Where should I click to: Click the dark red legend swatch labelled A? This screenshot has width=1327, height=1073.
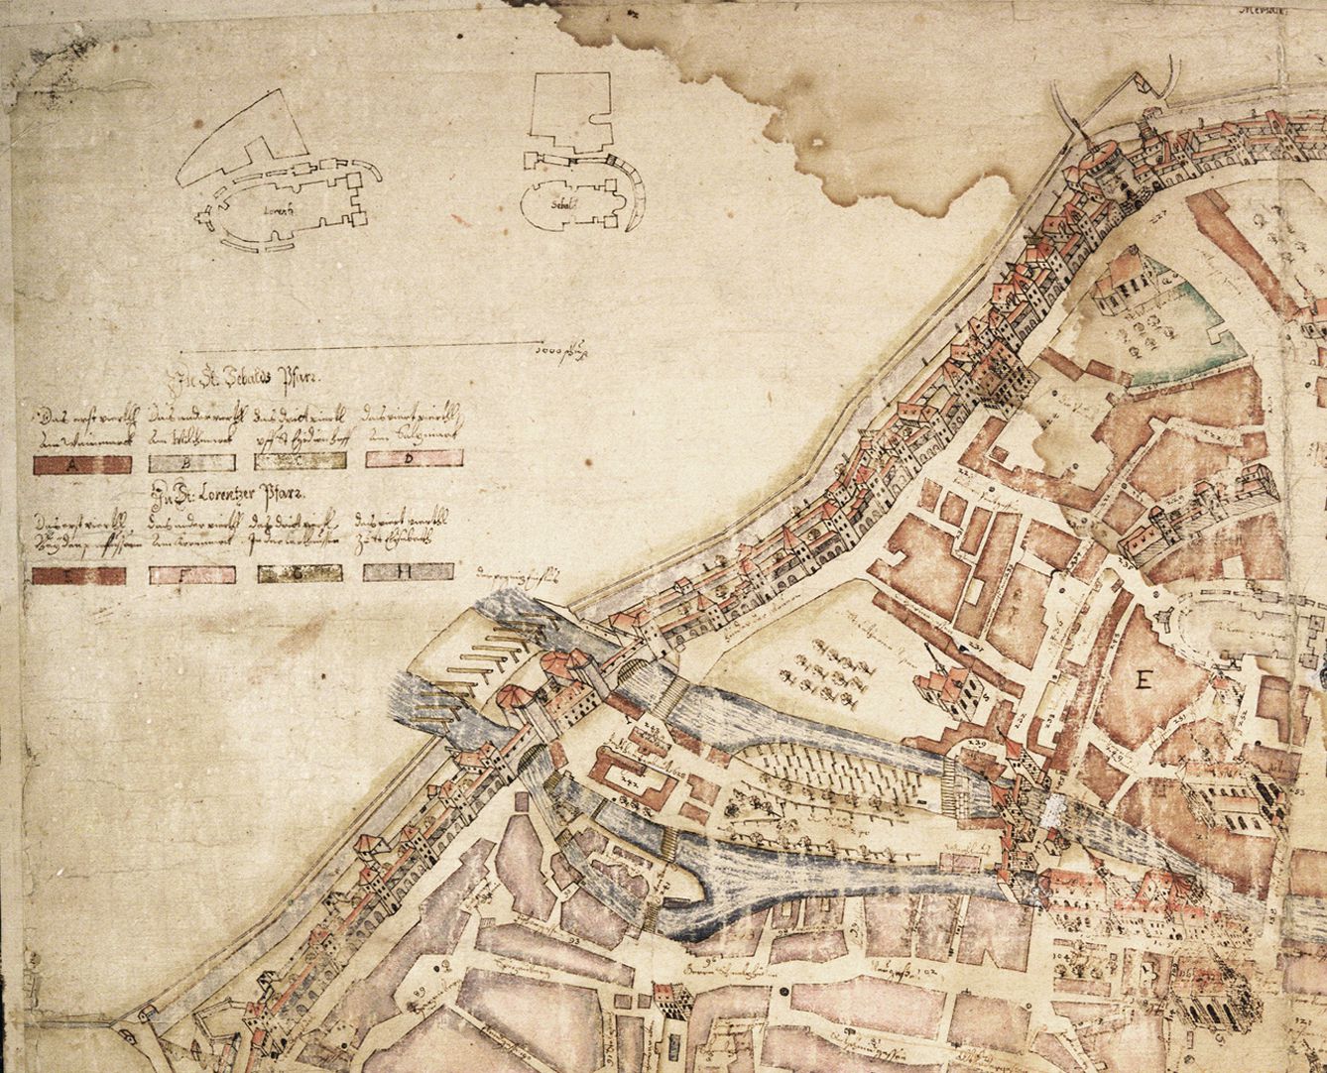click(82, 463)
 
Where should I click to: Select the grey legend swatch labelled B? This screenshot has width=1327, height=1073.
click(191, 462)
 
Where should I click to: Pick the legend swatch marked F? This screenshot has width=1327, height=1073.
click(191, 573)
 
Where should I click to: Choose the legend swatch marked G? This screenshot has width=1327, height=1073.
click(301, 572)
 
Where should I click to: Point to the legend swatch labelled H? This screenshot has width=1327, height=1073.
click(408, 571)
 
